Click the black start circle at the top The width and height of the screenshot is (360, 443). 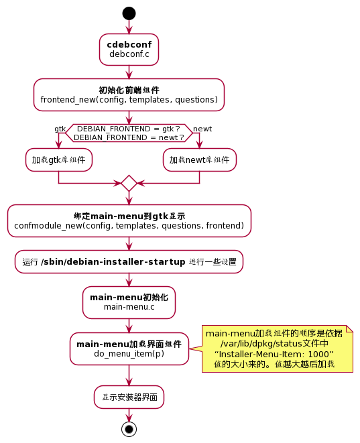click(x=129, y=13)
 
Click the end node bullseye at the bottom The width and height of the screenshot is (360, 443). click(x=129, y=428)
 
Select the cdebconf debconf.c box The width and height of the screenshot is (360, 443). click(x=129, y=49)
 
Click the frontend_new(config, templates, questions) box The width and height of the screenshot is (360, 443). click(x=129, y=94)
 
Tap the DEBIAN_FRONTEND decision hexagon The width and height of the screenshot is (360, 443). click(x=129, y=133)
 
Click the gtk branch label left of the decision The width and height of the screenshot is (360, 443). click(x=60, y=129)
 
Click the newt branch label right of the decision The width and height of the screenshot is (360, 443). click(x=202, y=129)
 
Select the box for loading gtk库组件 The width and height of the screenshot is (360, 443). click(x=59, y=160)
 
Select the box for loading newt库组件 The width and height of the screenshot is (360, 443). click(x=199, y=160)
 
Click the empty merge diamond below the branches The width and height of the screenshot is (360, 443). click(x=129, y=183)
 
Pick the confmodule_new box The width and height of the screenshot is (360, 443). click(x=129, y=220)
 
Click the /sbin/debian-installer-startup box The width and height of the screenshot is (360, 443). click(x=129, y=261)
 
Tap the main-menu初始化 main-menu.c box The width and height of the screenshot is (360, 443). click(x=129, y=302)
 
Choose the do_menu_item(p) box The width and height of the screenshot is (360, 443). click(x=129, y=349)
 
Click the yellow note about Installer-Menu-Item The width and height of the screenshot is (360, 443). click(x=277, y=349)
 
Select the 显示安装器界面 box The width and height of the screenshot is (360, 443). click(x=129, y=397)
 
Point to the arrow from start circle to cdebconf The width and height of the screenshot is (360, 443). click(x=129, y=27)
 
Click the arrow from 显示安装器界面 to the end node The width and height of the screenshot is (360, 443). click(x=129, y=414)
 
